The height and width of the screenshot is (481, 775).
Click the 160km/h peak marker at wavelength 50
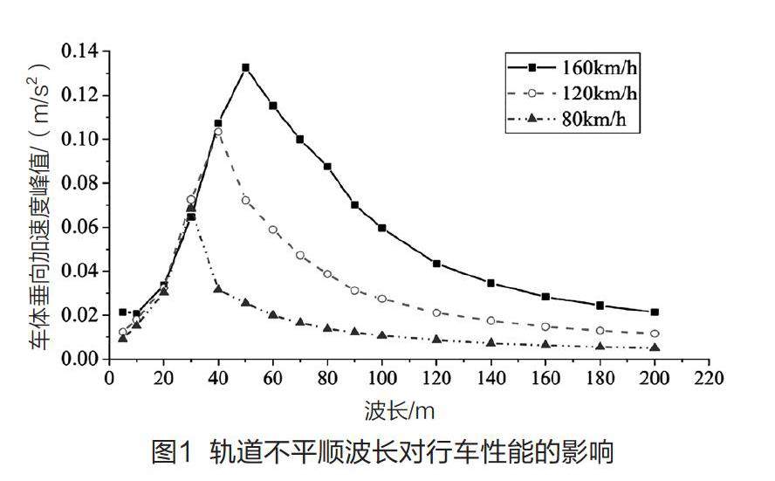click(x=245, y=67)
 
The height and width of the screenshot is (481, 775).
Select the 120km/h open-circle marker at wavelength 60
click(x=273, y=230)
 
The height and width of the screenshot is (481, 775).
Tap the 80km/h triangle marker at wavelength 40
click(x=218, y=289)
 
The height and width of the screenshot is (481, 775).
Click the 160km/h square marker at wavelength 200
click(x=655, y=312)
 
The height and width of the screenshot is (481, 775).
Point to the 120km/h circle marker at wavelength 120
click(x=436, y=313)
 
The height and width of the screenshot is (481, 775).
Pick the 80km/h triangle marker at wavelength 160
click(x=545, y=345)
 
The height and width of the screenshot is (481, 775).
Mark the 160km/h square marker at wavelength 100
click(x=381, y=228)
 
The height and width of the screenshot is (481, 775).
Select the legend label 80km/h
click(x=598, y=120)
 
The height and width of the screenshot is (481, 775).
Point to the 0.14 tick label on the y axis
click(x=79, y=52)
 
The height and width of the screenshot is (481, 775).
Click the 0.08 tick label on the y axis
click(x=79, y=183)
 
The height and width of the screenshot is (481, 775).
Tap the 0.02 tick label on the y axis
click(x=79, y=315)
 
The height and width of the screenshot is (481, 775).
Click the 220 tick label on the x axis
click(x=709, y=380)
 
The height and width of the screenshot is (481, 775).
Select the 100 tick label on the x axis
click(x=381, y=380)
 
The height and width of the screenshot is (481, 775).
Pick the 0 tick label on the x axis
click(x=109, y=380)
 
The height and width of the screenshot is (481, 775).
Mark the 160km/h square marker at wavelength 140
click(x=491, y=283)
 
